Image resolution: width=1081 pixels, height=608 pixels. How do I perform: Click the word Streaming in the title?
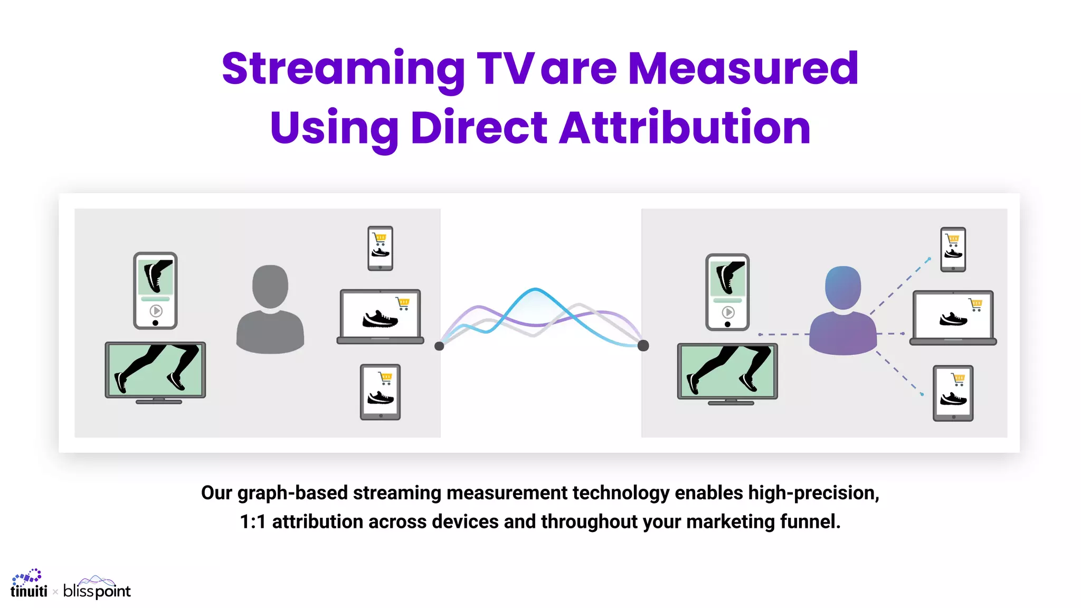tap(343, 69)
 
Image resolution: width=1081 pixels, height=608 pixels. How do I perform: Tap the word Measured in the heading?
tap(743, 69)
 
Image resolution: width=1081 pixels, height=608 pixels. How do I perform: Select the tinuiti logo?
tap(29, 585)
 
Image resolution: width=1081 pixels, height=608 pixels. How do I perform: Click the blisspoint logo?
tap(97, 588)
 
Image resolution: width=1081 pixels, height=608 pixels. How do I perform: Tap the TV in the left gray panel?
tap(155, 372)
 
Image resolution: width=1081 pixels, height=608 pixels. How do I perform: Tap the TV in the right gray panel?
tap(727, 373)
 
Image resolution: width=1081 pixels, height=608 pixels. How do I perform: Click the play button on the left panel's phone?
tap(156, 310)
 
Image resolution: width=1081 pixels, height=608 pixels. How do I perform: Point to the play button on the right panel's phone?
tap(728, 312)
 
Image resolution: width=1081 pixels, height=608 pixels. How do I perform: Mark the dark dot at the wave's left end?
tap(439, 346)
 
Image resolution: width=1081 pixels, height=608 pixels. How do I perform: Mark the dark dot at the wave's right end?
tap(643, 346)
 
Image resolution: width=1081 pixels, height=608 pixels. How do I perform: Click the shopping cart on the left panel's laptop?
tap(403, 303)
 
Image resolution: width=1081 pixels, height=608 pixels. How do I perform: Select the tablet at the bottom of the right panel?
tap(953, 393)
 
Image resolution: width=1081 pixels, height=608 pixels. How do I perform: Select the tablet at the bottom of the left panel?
tap(380, 392)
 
